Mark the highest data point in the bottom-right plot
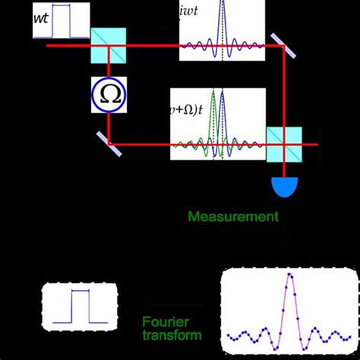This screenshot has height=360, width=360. point(289,276)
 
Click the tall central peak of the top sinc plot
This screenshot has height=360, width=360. point(223,23)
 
